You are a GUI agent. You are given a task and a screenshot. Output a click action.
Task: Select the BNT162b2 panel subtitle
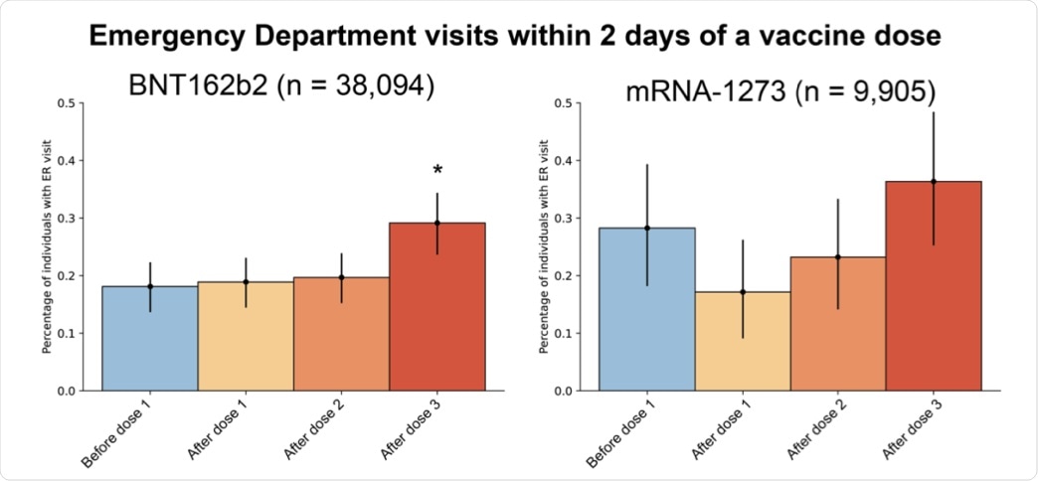pyautogui.click(x=281, y=85)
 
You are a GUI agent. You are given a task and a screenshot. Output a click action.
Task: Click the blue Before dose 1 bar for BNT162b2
pyautogui.click(x=150, y=338)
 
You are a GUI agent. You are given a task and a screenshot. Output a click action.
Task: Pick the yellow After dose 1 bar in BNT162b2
pyautogui.click(x=246, y=338)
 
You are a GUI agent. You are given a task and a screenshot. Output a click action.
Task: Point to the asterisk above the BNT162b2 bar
pyautogui.click(x=437, y=172)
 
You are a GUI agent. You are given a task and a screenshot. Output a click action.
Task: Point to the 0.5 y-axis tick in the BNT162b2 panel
pyautogui.click(x=67, y=102)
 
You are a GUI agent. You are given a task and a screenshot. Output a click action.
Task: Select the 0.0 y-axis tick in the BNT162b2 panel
pyautogui.click(x=67, y=391)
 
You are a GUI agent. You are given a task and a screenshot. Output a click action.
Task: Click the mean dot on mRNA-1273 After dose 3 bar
pyautogui.click(x=934, y=181)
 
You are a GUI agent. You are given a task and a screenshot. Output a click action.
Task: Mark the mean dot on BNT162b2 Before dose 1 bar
pyautogui.click(x=150, y=286)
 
